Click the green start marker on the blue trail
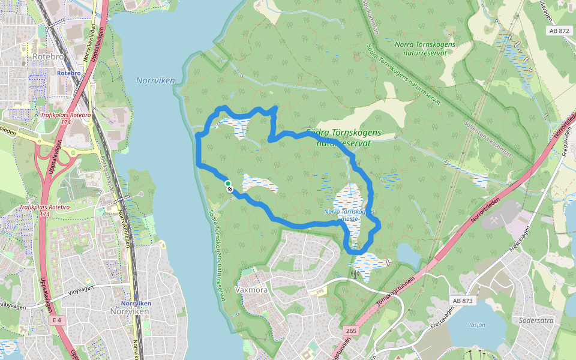point(227,183)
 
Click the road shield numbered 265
point(351,331)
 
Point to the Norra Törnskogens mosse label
point(349,215)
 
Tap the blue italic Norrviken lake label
point(154,80)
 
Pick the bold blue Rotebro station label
point(68,73)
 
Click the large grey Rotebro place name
point(49,56)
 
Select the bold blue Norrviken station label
point(135,304)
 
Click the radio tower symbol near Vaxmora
point(354,275)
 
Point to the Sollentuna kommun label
point(487,138)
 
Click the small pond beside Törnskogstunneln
point(410,256)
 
